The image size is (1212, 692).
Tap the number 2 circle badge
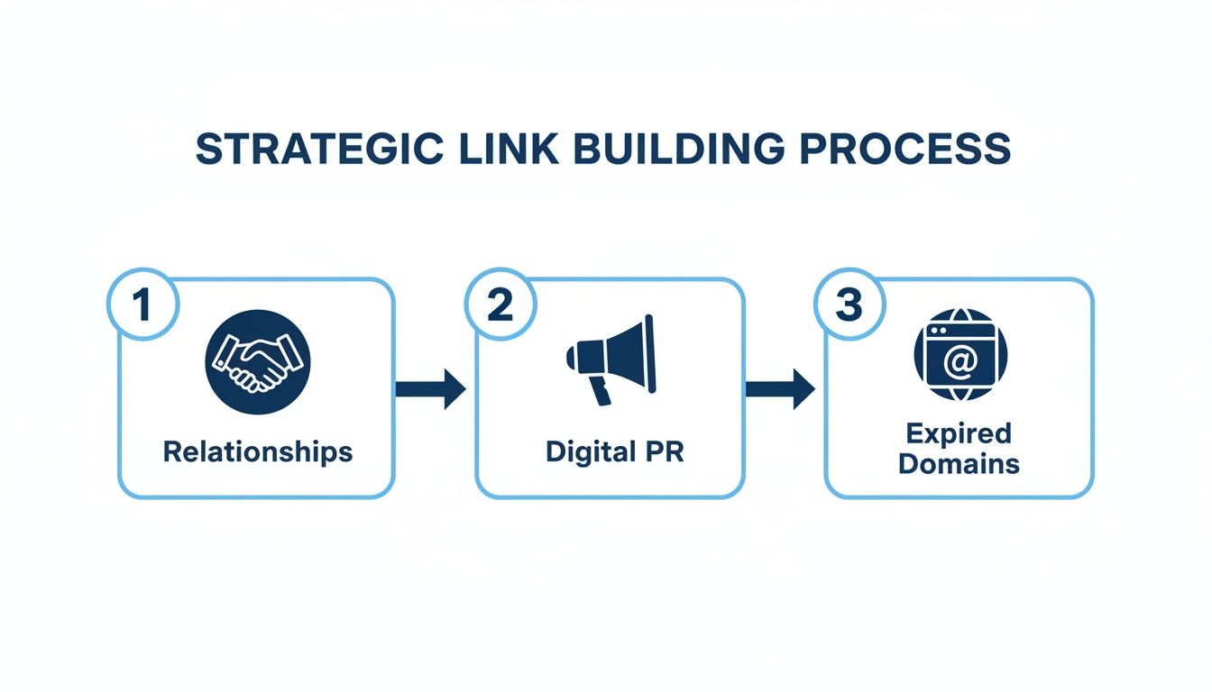[x=500, y=306]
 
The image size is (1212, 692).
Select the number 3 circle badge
[x=849, y=306]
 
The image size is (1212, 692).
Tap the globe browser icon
[x=959, y=355]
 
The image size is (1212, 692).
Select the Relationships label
[x=257, y=451]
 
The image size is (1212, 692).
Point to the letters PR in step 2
[x=662, y=451]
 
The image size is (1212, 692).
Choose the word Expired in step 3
[x=959, y=433]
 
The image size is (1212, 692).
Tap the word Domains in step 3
[x=959, y=464]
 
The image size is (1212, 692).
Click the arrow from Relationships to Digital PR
[x=430, y=389]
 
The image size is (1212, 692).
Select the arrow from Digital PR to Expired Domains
[x=780, y=389]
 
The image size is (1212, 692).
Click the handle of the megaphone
[x=600, y=392]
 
